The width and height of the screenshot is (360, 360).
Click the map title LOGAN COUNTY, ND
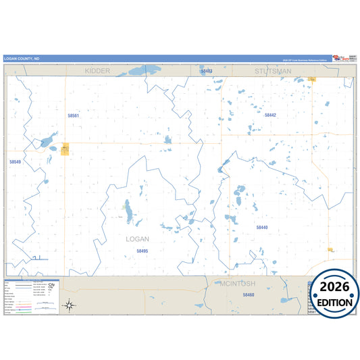tap(21, 59)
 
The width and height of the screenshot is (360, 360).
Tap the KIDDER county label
tap(98, 70)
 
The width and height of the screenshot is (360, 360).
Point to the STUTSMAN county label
tap(272, 70)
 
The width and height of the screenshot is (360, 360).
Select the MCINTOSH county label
tap(237, 284)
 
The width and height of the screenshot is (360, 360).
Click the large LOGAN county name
tap(137, 238)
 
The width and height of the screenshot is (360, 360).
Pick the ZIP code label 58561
tap(73, 115)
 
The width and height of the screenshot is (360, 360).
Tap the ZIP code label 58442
tap(270, 115)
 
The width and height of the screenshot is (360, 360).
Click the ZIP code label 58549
tap(15, 162)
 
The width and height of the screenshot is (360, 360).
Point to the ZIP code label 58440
tap(262, 228)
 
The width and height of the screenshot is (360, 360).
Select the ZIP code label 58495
tap(142, 251)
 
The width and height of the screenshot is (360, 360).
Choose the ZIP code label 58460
tap(248, 295)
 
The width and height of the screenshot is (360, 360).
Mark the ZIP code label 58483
tap(207, 71)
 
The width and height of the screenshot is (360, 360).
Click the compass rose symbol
tap(69, 305)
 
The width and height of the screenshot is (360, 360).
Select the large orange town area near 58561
tap(66, 149)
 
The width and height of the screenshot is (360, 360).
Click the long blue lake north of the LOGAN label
tap(128, 211)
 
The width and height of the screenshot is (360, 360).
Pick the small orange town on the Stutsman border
tap(312, 79)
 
